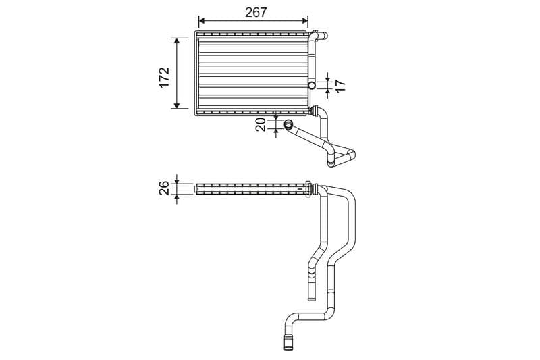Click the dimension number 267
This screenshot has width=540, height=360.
pyautogui.click(x=254, y=12)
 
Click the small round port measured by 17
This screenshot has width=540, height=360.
pyautogui.click(x=311, y=85)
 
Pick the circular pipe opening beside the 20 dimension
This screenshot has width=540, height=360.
pyautogui.click(x=288, y=124)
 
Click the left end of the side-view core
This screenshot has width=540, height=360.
pyautogui.click(x=196, y=188)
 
